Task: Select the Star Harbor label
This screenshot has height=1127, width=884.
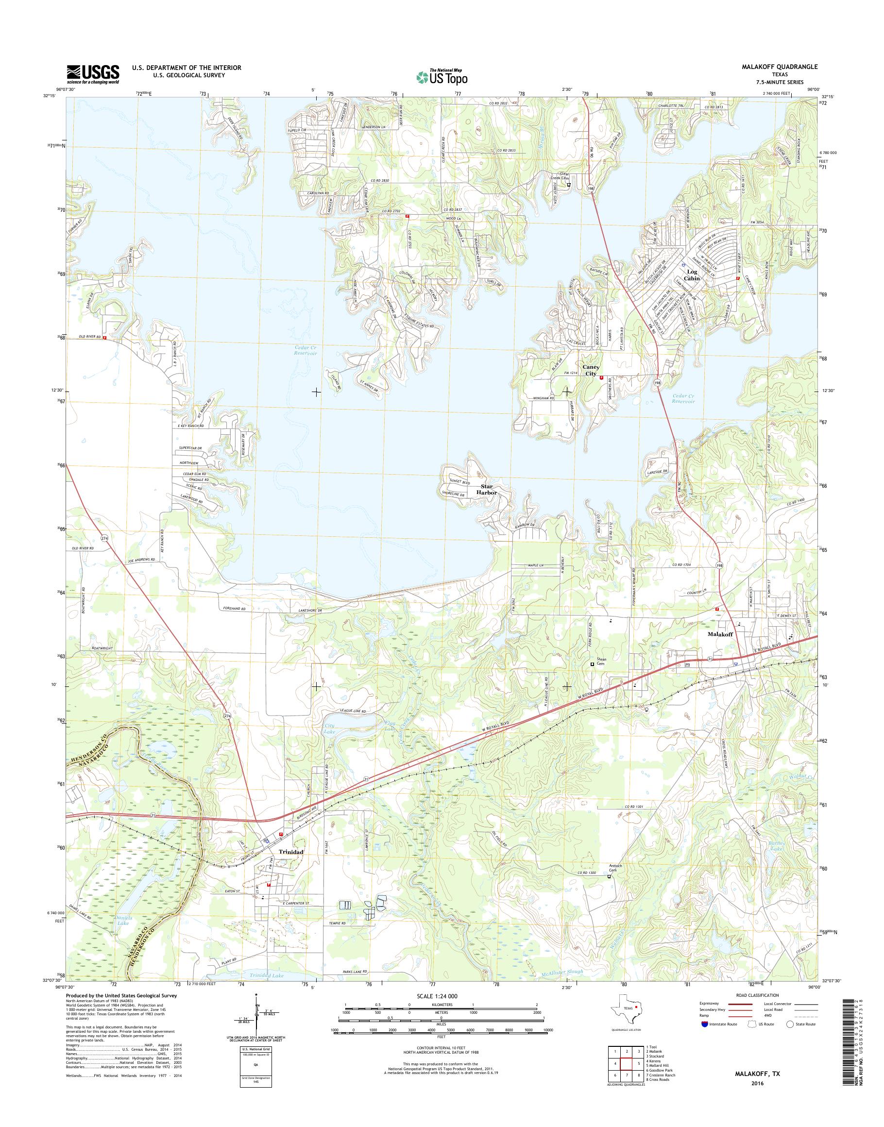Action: point(489,490)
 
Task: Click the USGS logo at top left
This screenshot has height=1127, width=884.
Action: point(93,74)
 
